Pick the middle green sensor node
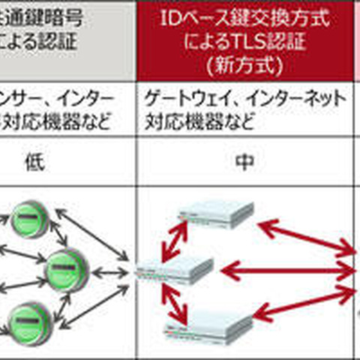click(67, 267)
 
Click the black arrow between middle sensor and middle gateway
click(109, 268)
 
